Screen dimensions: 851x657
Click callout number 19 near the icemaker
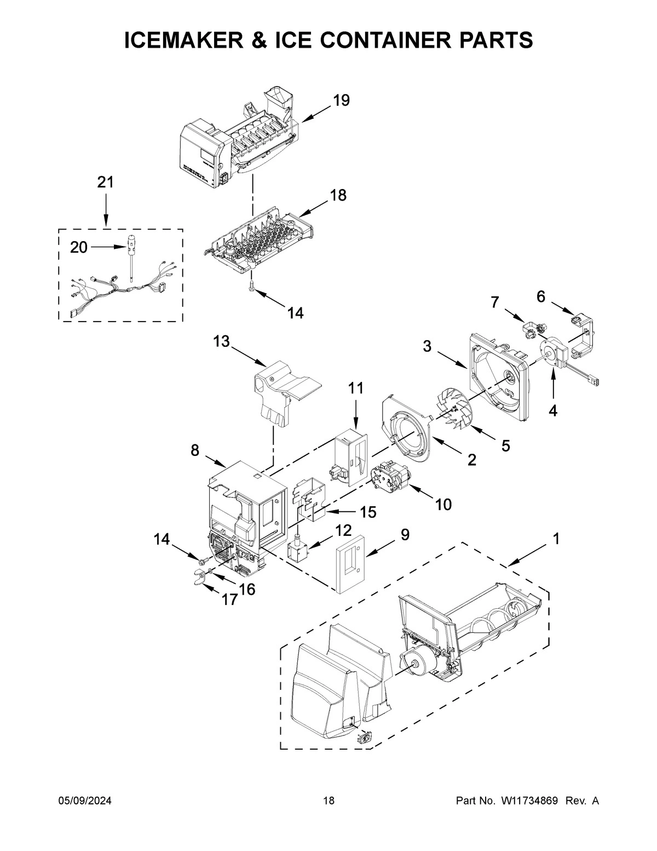pos(341,100)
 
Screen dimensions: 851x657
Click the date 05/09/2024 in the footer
pos(85,801)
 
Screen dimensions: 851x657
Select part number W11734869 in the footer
pos(529,801)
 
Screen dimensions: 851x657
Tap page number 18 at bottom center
pos(328,801)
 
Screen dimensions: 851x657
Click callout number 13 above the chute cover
pos(221,342)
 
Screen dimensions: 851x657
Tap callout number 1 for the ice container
pos(556,539)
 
